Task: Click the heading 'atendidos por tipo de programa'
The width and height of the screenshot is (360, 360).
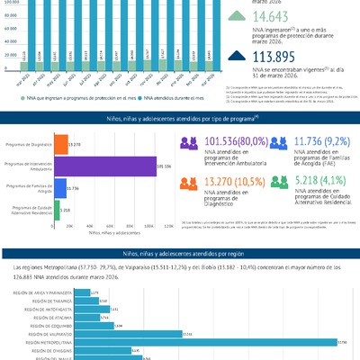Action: [x=180, y=118]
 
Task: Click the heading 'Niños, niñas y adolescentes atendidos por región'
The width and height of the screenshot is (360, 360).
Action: [x=180, y=256]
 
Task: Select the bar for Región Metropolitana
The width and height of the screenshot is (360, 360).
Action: [x=207, y=342]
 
